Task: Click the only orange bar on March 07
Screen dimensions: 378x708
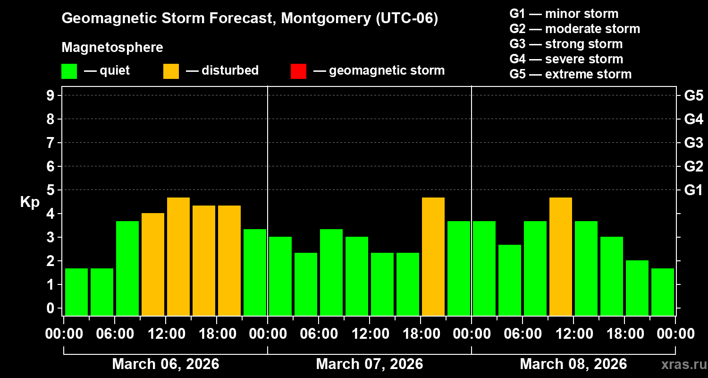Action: (x=433, y=257)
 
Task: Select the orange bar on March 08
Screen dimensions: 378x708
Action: (x=561, y=257)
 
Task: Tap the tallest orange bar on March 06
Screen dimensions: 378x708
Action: (x=178, y=257)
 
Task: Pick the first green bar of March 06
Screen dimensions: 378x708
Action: (x=76, y=292)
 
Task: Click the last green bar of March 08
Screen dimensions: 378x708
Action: (x=663, y=292)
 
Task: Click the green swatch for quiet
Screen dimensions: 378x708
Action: (x=69, y=71)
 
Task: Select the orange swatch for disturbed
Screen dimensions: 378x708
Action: (x=171, y=71)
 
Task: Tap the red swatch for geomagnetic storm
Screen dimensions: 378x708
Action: (x=298, y=71)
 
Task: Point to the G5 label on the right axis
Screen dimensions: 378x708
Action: (x=693, y=96)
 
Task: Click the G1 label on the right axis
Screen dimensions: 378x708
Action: (x=693, y=190)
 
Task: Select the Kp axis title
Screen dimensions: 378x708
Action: (x=30, y=202)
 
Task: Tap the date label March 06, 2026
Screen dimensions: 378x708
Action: (x=166, y=364)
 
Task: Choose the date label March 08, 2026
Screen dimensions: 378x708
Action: (x=573, y=364)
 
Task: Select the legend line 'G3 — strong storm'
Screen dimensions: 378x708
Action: (x=566, y=44)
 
